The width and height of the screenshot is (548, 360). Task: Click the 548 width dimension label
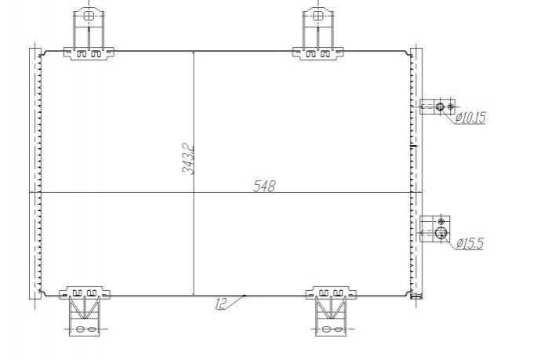264,187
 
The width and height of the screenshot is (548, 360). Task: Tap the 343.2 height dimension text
188,160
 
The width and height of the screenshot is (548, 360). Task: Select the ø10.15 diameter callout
470,118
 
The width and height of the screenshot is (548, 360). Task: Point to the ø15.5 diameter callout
470,243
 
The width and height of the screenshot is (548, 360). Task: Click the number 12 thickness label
220,304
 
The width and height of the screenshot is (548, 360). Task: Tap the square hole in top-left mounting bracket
89,16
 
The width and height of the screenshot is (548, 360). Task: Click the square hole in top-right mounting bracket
318,16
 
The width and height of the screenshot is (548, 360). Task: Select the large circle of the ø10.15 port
440,107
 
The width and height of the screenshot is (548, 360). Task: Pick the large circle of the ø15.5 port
441,232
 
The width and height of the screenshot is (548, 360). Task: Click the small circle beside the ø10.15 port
451,106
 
